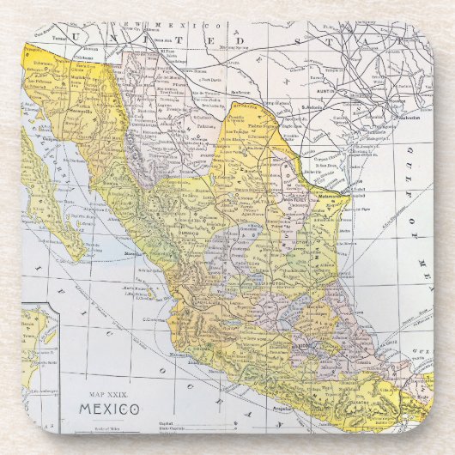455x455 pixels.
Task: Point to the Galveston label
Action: (x=410, y=117)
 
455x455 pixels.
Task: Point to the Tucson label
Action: (x=58, y=38)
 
